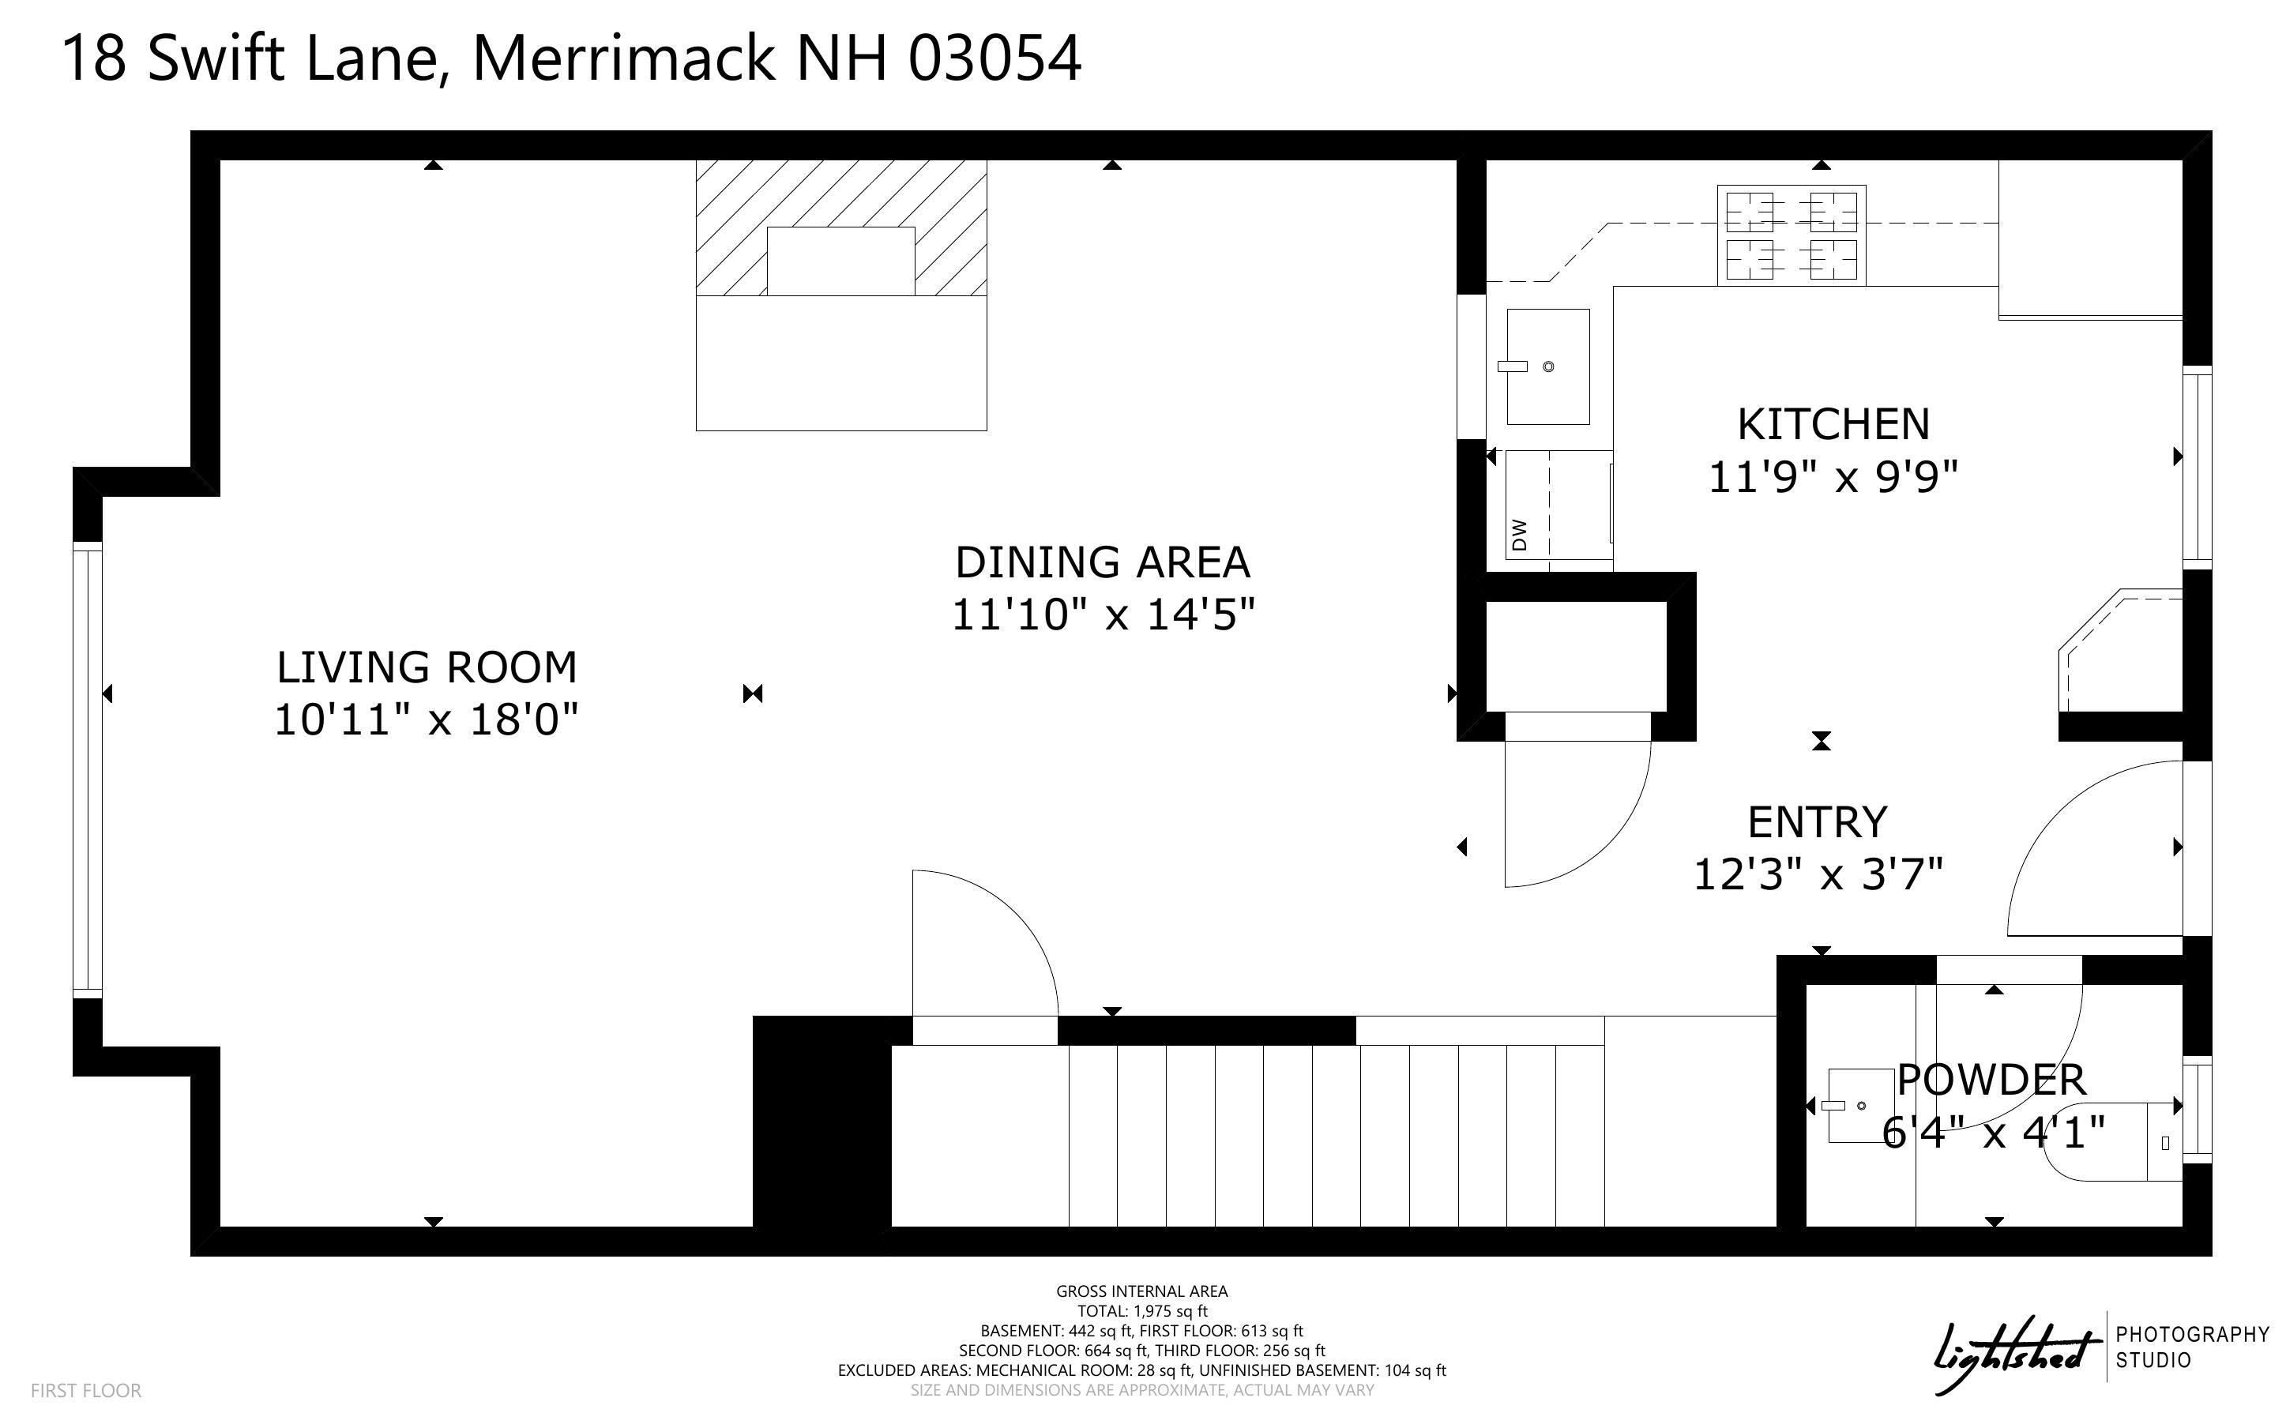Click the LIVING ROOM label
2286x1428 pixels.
point(426,667)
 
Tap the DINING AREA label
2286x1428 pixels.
point(1102,563)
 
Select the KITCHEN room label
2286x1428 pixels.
point(1833,425)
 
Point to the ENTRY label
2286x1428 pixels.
point(1817,823)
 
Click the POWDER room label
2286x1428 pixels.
point(1991,1080)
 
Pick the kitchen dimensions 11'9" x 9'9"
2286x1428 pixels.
point(1833,477)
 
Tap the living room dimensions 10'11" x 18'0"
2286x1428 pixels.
point(426,720)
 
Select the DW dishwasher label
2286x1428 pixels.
point(1519,535)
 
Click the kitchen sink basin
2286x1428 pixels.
point(1547,366)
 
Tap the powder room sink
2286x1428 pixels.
point(1861,1106)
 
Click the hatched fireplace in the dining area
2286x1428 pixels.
point(841,227)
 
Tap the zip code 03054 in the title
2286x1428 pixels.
point(994,58)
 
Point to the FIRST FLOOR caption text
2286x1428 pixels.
point(86,1390)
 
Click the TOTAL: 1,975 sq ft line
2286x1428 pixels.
point(1142,1311)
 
